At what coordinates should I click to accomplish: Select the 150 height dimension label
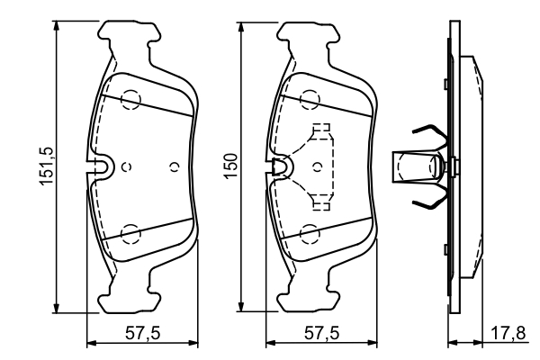click(231, 168)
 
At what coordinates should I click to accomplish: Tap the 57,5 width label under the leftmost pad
click(142, 334)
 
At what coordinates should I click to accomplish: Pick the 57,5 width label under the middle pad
click(320, 334)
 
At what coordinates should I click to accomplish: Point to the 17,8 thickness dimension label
click(515, 334)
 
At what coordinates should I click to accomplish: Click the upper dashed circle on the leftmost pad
click(131, 100)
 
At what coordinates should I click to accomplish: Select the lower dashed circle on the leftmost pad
click(131, 233)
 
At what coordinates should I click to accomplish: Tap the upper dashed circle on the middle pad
click(310, 100)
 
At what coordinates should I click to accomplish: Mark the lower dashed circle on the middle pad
click(310, 233)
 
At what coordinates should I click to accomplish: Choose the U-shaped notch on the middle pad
click(281, 166)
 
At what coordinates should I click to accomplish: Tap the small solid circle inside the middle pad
click(320, 166)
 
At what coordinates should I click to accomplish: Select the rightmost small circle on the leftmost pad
click(175, 166)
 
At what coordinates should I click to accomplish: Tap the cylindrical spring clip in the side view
click(417, 166)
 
